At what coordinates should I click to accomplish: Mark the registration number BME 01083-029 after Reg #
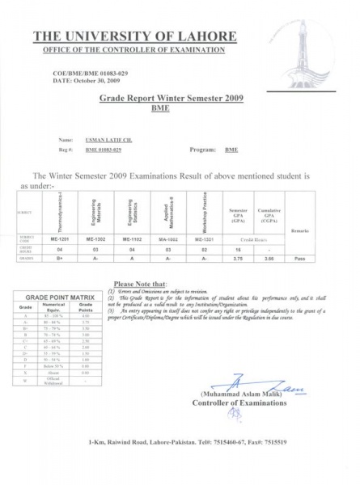click(104, 150)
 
